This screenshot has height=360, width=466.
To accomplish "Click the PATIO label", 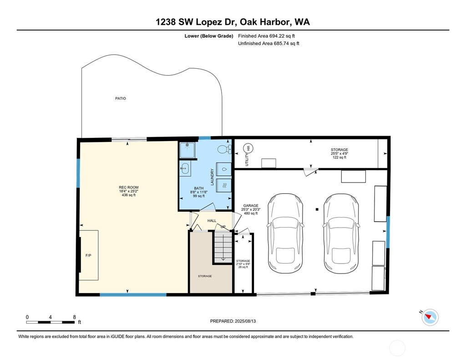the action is click(120, 98).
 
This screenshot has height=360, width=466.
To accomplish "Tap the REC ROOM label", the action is click(129, 188).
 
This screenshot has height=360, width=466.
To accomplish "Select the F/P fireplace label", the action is click(88, 255).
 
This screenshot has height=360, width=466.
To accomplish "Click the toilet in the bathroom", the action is click(224, 149).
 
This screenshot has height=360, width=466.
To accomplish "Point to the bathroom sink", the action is click(185, 168).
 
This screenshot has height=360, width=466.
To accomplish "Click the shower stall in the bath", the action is click(187, 150).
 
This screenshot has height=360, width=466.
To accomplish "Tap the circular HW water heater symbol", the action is click(248, 148).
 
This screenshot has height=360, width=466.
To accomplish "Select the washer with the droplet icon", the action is click(224, 169).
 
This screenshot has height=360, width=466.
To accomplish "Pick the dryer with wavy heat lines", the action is click(224, 186).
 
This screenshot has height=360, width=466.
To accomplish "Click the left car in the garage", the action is click(285, 233).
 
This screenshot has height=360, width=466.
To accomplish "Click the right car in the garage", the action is click(341, 233).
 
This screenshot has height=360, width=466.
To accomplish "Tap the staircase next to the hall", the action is click(223, 247).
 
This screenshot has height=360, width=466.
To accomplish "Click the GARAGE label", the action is click(251, 205).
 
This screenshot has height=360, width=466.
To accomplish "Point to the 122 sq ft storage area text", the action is click(339, 157).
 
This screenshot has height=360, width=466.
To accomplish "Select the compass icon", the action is click(430, 317).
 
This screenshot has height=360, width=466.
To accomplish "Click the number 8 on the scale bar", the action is click(74, 317).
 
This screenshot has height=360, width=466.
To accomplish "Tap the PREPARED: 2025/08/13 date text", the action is click(233, 321).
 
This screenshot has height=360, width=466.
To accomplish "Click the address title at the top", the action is click(233, 22).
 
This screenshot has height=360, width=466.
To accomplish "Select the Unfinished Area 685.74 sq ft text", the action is click(268, 43).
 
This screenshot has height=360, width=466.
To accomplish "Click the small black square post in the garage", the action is click(317, 209).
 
